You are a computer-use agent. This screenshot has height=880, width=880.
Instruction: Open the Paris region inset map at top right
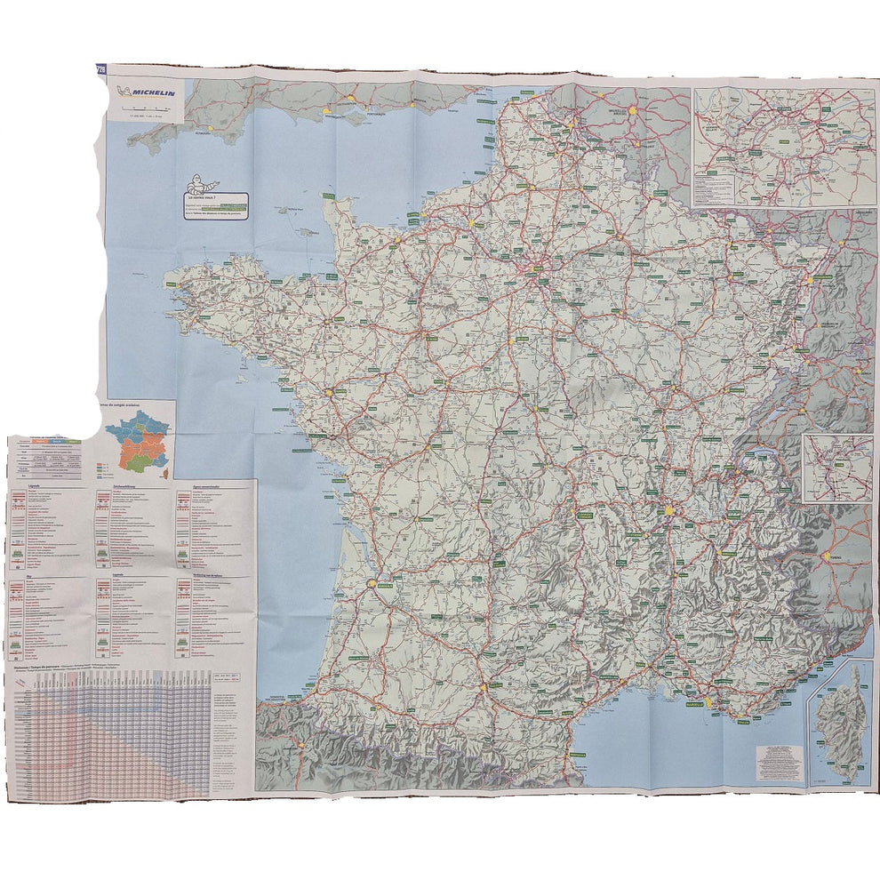[783, 147]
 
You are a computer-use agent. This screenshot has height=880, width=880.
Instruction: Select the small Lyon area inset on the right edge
[838, 468]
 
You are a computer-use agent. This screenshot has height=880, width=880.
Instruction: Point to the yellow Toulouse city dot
[484, 685]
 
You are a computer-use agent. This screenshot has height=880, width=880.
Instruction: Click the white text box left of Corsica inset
[780, 761]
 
